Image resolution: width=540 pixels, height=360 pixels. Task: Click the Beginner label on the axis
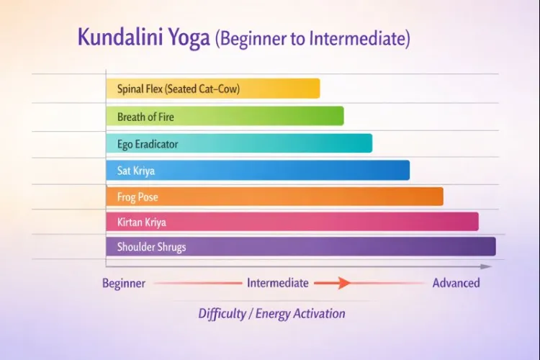coord(124,283)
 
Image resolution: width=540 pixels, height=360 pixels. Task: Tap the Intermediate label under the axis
coord(278,283)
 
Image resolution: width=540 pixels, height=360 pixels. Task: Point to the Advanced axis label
coord(456,283)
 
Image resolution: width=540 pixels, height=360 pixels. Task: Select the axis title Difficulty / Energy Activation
coord(271,313)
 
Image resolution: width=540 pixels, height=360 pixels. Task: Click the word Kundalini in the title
coord(120,37)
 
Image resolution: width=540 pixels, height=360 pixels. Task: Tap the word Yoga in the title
coord(189,37)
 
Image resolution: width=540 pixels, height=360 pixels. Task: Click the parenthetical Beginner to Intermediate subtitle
coord(312,38)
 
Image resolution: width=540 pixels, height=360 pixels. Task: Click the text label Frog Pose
coord(138,197)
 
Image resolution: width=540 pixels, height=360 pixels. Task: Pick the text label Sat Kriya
coord(136,171)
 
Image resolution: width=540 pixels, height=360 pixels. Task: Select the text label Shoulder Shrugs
coord(151,247)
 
